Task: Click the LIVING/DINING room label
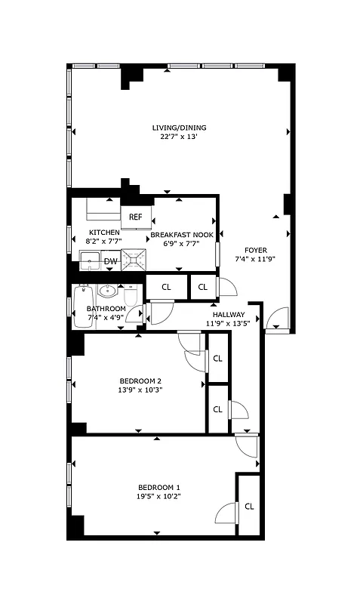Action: coord(179,128)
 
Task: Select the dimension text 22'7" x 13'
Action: coord(179,137)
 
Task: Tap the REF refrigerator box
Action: coord(136,217)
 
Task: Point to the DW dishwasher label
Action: coord(110,262)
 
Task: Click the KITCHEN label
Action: coord(103,233)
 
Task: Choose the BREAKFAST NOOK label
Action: coord(181,236)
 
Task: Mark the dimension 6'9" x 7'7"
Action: coord(181,244)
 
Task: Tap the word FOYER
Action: coord(255,251)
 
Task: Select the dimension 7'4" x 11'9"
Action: coord(255,260)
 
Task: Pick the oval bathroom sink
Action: coord(108,290)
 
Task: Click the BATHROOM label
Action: coord(106,309)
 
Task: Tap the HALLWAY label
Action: coord(228,315)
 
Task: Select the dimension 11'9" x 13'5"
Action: coord(228,324)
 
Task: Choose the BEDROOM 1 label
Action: coord(158,487)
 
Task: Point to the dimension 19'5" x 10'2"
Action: coord(158,496)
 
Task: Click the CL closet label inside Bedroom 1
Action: coord(249,507)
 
